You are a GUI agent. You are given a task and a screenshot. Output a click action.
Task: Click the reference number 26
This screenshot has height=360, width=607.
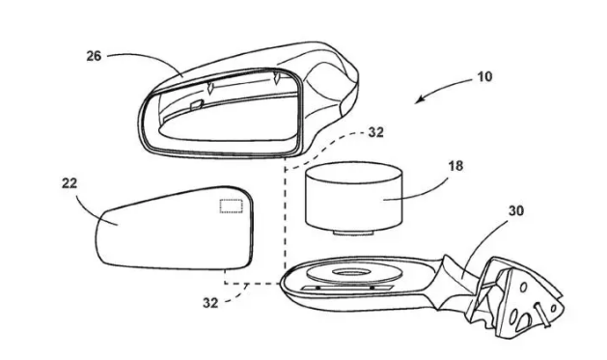point(94,56)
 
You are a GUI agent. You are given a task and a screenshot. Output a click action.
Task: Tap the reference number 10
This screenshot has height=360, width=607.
point(485,76)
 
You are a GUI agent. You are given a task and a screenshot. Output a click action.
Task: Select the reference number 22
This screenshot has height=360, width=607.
point(69,183)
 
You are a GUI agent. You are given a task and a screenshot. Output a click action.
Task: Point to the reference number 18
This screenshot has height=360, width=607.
point(455,166)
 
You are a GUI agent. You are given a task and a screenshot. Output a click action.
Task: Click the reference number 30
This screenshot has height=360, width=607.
point(516,211)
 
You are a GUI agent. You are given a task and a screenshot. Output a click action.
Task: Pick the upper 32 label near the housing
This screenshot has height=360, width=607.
point(375,132)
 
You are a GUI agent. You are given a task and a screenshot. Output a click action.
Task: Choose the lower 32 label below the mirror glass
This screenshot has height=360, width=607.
point(210,303)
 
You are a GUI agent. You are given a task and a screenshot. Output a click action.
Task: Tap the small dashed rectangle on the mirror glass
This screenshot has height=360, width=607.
point(232,206)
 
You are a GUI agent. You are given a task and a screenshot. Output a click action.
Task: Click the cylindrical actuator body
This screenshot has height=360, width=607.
point(354,195)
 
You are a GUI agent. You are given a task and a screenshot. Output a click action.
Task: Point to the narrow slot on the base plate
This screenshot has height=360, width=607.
point(347,288)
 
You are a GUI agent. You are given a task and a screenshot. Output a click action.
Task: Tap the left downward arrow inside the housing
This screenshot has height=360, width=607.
point(210,88)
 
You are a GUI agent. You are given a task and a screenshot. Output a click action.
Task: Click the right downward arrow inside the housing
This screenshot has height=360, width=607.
point(277,78)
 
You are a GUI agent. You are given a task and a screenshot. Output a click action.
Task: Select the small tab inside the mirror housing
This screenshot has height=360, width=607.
point(196,103)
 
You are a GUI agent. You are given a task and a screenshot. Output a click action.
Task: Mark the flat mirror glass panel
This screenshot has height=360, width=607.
point(175,229)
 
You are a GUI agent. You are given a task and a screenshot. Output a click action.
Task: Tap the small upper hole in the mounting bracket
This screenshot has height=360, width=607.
point(523,288)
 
